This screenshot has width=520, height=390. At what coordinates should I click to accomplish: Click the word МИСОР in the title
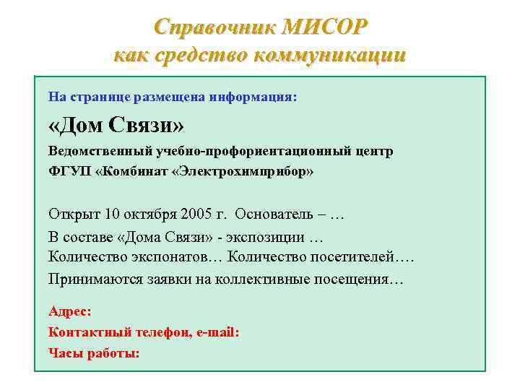pos(326,27)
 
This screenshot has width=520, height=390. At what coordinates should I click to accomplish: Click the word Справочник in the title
pos(215,27)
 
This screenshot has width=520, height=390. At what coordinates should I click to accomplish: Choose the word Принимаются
pos(92,278)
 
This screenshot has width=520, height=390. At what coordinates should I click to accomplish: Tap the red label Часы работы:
pos(94,353)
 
